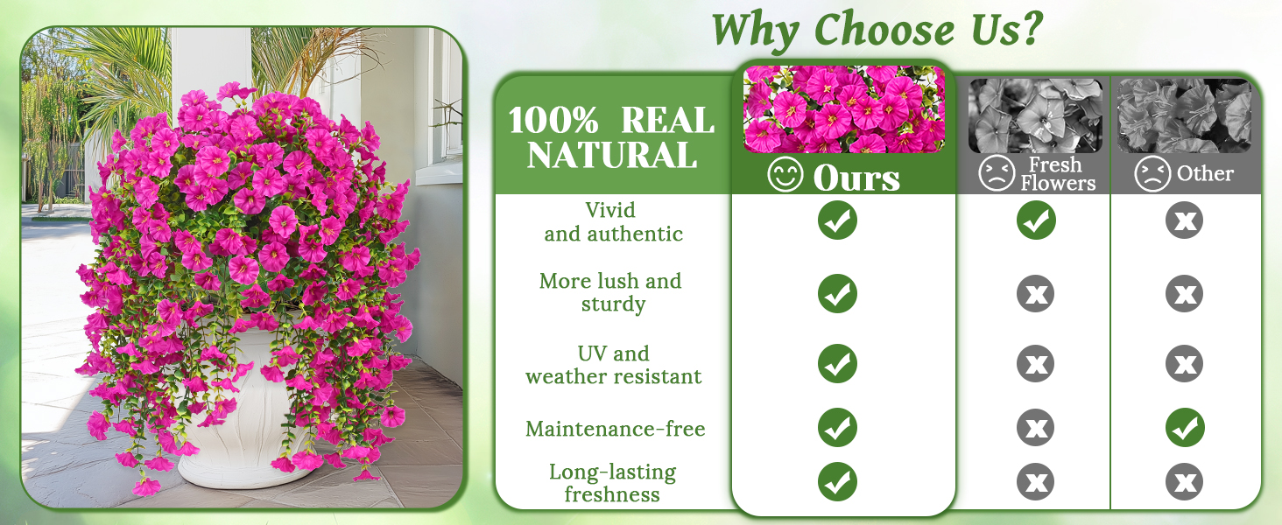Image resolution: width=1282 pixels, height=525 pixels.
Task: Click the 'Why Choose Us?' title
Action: (x=877, y=30)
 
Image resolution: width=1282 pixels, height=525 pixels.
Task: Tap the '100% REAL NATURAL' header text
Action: (x=612, y=138)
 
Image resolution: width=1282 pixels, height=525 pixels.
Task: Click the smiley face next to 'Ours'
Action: (x=785, y=174)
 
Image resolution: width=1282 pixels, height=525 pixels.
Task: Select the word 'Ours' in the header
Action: (x=856, y=178)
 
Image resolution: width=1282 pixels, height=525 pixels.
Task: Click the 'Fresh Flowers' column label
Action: (x=1058, y=174)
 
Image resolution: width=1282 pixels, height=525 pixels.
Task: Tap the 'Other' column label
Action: (x=1205, y=173)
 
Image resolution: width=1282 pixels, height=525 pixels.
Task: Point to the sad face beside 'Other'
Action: (x=1152, y=174)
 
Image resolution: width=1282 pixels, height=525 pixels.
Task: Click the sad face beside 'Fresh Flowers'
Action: (x=997, y=173)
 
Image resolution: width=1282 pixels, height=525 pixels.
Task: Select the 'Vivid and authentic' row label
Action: (x=613, y=222)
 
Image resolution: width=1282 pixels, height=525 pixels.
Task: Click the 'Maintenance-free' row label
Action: (x=616, y=429)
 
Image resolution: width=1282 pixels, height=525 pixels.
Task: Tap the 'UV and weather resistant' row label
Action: (x=614, y=365)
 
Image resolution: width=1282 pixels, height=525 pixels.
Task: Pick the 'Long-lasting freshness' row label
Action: (x=612, y=483)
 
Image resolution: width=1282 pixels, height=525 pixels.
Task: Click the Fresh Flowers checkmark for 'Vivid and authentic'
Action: (x=1036, y=220)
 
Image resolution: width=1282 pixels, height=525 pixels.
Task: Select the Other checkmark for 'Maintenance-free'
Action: (x=1185, y=427)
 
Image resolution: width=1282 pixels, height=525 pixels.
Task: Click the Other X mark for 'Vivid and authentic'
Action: (x=1184, y=220)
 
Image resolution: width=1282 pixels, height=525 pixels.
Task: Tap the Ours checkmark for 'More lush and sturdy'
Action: (x=837, y=293)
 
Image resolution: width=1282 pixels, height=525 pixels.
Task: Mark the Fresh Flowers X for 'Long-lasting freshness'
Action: (x=1035, y=481)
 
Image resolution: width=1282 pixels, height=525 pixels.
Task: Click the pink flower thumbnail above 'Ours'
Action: (x=843, y=108)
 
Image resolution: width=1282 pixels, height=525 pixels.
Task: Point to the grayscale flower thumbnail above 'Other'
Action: (x=1184, y=115)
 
